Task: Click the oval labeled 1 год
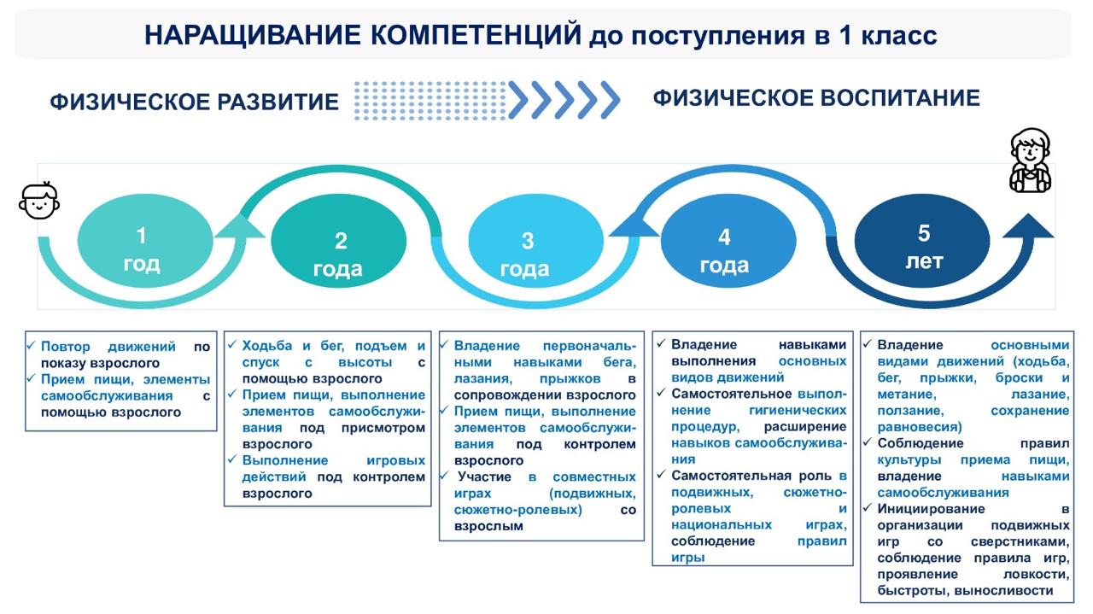click(142, 247)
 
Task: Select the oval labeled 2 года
click(338, 254)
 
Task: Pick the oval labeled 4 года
click(725, 249)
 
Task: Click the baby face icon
click(39, 201)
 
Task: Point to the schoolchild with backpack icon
click(1030, 161)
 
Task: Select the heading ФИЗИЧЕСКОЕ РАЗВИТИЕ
click(195, 102)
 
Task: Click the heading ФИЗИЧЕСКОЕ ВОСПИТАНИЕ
click(816, 98)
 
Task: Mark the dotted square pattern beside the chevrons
click(430, 100)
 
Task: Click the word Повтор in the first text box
click(67, 347)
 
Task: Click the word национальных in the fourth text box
click(722, 524)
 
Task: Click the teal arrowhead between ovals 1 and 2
click(241, 225)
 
